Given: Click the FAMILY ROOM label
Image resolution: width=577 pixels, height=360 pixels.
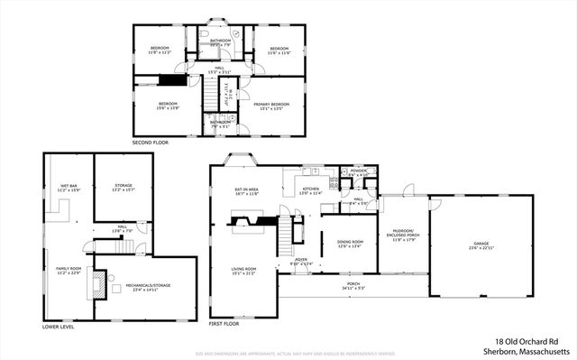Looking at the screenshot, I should [69, 271].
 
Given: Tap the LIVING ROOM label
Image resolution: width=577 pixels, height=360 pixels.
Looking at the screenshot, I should [244, 271].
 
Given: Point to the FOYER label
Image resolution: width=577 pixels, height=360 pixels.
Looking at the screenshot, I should [301, 261].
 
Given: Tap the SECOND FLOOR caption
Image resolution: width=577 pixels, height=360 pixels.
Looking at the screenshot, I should [150, 143].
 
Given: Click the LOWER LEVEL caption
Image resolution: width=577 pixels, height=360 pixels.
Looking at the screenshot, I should [59, 327].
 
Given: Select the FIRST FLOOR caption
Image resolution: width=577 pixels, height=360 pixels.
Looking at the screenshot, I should [225, 323].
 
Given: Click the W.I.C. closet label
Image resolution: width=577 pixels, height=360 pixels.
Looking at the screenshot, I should [233, 90].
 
